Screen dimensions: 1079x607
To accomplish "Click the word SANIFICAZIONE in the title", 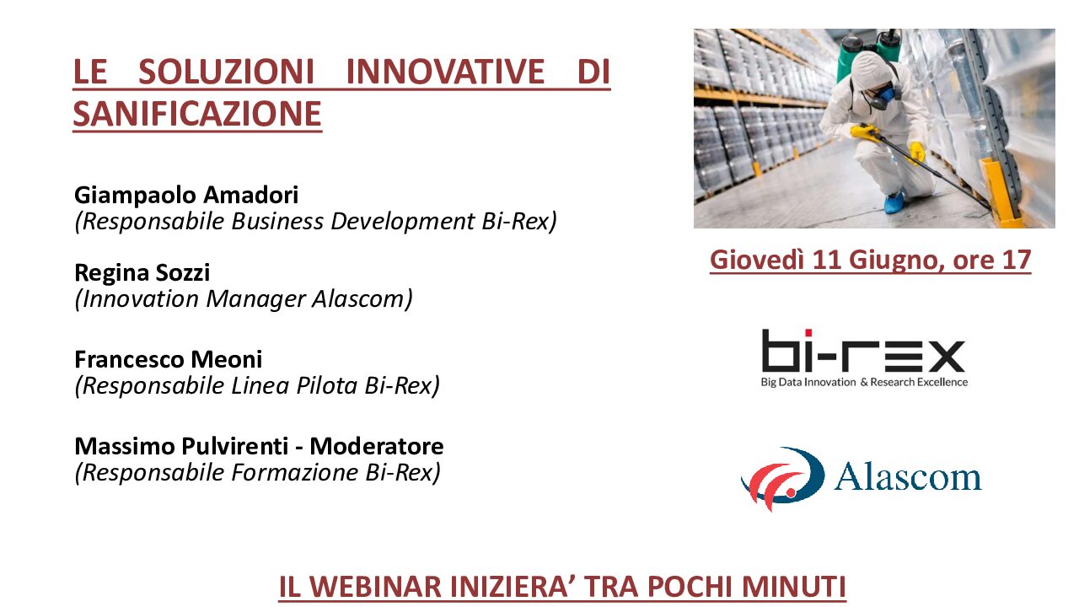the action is coord(197,114).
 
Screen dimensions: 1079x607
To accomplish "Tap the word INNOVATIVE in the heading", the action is coord(445,72).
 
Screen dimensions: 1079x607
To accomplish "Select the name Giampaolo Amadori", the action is coord(186,196).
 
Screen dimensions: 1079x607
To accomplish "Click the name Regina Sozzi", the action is coord(142,272).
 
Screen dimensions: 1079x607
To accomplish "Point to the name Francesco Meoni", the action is coord(169,359).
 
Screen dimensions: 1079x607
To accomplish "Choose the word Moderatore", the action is coord(376,446).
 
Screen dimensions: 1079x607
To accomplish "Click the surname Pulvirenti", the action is coord(234,446).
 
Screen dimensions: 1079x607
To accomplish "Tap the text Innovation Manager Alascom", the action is coord(244,299).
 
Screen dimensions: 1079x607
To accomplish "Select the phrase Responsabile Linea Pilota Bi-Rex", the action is coord(257,386).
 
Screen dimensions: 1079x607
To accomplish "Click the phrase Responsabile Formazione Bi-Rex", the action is coord(257,473).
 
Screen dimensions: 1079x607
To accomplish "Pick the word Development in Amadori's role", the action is coord(403,222).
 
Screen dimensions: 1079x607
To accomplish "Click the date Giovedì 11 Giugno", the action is coord(824,261).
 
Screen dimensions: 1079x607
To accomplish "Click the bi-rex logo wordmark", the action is coord(863,351).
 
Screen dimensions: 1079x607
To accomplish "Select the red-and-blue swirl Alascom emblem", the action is coord(783,478).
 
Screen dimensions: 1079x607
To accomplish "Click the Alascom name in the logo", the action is coord(908,476).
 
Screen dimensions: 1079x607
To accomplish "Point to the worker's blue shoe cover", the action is coord(894,202).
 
